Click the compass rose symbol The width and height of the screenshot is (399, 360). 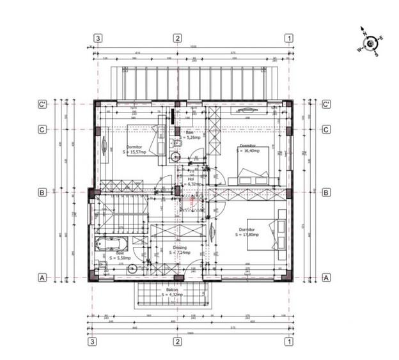point(370,43)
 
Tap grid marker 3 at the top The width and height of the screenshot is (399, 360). point(98,38)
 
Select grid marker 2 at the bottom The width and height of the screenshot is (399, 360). point(177,342)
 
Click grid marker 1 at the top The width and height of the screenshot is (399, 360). point(289,38)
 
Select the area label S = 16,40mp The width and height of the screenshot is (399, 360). point(248,151)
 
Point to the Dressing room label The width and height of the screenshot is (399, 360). point(180,249)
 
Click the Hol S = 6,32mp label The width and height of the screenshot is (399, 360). point(191,182)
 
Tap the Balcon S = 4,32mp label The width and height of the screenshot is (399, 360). point(171,292)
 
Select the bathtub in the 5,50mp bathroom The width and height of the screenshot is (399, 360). point(111,244)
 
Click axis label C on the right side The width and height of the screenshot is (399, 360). point(325,130)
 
